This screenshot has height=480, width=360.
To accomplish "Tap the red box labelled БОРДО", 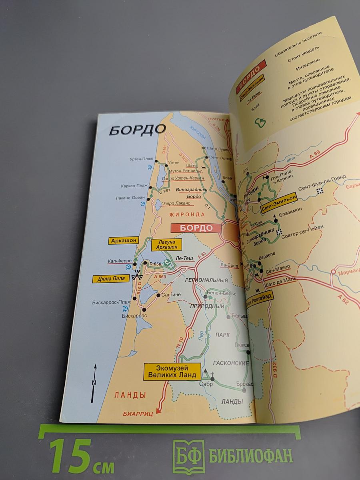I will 196,228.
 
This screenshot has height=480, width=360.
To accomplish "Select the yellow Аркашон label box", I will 123,240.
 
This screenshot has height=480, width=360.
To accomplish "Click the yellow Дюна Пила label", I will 111,278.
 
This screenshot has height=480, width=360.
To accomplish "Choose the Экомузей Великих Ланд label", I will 172,371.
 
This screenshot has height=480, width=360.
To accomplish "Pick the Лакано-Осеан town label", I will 130,197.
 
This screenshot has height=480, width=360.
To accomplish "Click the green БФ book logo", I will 188,456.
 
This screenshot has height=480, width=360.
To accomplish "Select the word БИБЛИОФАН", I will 250,455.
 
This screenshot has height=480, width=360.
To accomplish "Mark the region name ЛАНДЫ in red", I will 130,395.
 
